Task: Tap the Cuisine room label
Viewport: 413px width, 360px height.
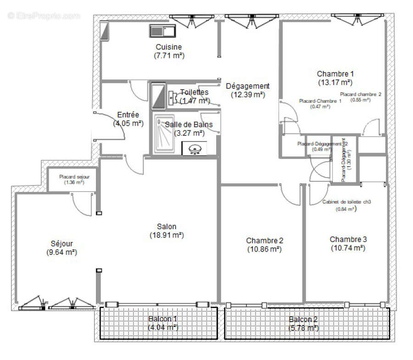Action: click(x=168, y=47)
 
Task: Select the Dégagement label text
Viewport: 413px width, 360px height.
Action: click(x=248, y=86)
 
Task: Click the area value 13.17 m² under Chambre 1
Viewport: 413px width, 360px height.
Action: click(x=335, y=83)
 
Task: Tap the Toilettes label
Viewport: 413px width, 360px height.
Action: click(x=194, y=92)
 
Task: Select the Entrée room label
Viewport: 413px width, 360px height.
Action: click(x=128, y=115)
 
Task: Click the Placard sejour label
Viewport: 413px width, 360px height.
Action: click(x=74, y=177)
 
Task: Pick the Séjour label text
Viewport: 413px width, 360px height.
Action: click(x=61, y=244)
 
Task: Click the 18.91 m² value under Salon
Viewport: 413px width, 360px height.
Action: click(x=166, y=235)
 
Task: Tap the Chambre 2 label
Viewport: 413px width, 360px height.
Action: click(x=264, y=241)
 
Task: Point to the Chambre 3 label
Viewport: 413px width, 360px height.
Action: click(x=348, y=239)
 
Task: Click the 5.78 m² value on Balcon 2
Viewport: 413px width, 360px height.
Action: click(x=303, y=328)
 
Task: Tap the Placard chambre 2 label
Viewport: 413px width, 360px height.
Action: click(x=361, y=94)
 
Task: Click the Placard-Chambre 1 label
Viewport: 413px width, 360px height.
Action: click(x=320, y=101)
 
